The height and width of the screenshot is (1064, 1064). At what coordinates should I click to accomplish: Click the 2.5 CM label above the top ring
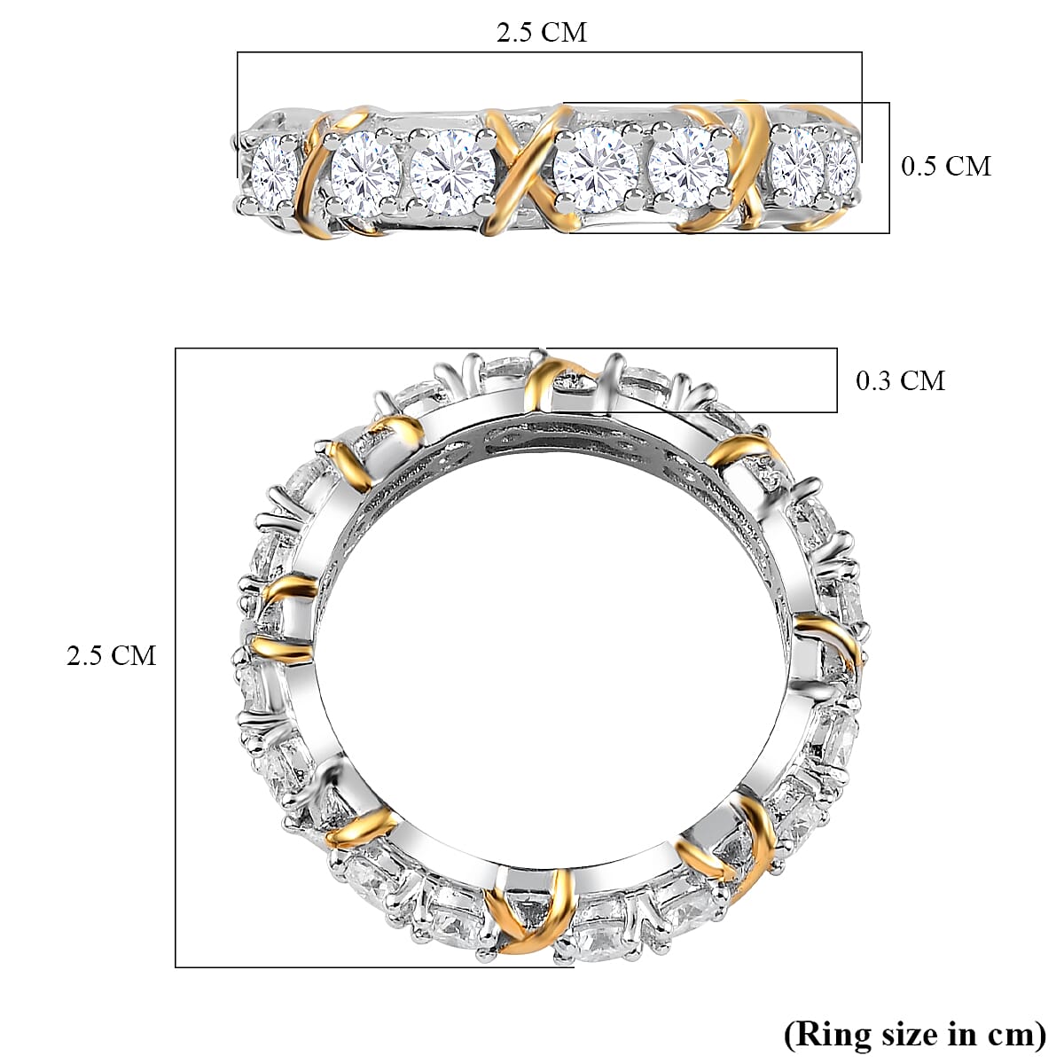(x=541, y=33)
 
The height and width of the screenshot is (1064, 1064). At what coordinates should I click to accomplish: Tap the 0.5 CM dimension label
(x=945, y=166)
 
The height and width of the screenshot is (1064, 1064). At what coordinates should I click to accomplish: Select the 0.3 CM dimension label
(x=900, y=380)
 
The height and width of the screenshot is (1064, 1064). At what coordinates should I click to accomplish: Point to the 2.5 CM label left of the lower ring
(x=111, y=655)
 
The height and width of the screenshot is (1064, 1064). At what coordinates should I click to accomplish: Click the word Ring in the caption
(x=831, y=1034)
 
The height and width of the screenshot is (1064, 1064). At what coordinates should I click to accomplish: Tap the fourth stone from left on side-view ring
(x=595, y=168)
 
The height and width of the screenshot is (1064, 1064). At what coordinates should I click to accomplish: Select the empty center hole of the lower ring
(x=550, y=656)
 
